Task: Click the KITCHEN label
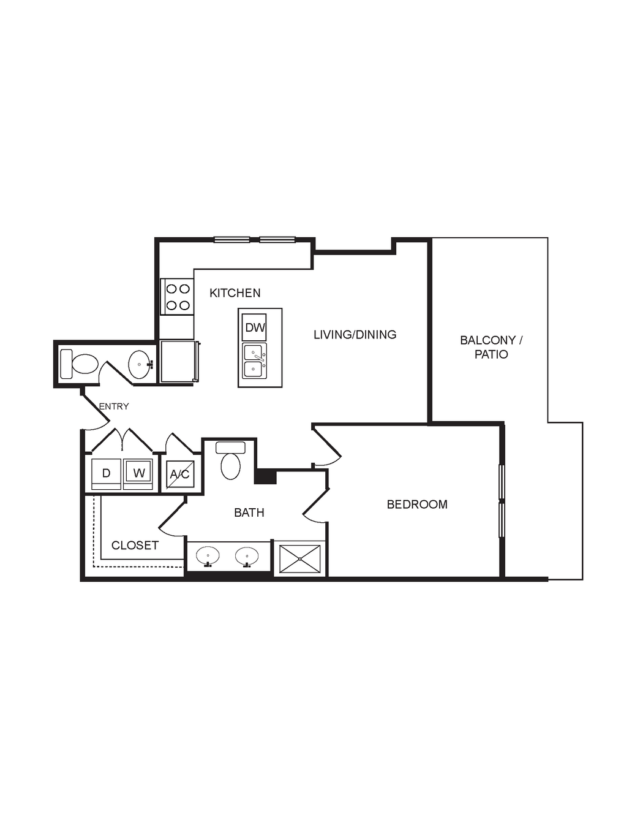click(235, 293)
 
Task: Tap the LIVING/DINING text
click(355, 334)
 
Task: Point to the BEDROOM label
click(417, 505)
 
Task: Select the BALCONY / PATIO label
click(491, 347)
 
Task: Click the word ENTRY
click(114, 406)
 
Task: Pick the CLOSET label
click(135, 545)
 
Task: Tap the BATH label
click(249, 512)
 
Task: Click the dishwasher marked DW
click(255, 327)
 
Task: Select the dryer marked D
click(106, 474)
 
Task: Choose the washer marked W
click(138, 474)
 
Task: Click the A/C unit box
click(180, 474)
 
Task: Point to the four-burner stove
click(177, 296)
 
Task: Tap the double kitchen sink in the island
click(255, 360)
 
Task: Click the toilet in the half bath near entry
click(79, 364)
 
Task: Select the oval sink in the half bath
click(140, 364)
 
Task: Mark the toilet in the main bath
click(230, 460)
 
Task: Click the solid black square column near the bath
click(265, 476)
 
